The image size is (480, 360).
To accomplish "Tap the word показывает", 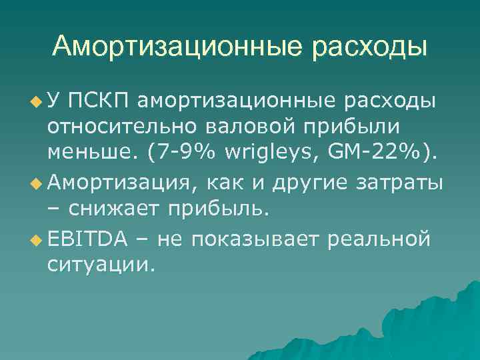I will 257,238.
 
